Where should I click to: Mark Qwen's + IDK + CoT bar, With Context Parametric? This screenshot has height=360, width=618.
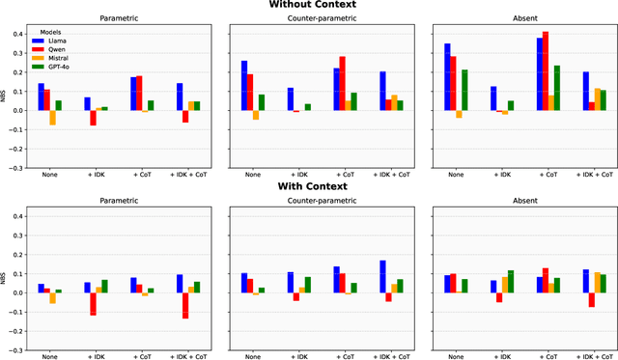point(184,305)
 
